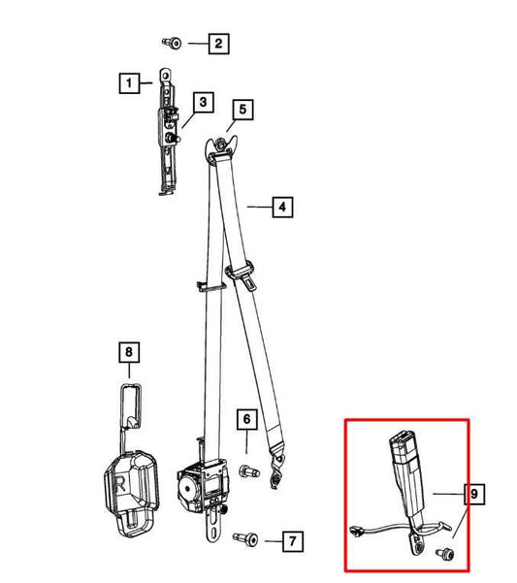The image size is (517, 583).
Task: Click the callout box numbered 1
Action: coord(129,82)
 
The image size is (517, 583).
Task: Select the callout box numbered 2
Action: coord(218,44)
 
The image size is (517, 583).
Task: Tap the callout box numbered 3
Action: coord(203,102)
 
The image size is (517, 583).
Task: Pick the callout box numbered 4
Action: coord(282,207)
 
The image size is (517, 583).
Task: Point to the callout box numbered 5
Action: coord(242,110)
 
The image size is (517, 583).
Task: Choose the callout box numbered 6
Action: coord(247,419)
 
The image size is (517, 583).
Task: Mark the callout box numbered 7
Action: coord(293,541)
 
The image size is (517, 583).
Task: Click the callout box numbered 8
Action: coord(129,352)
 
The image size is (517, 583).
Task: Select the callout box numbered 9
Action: coord(474,494)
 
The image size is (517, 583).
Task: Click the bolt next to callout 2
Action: coord(172,43)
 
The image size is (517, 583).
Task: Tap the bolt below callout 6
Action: coord(248,471)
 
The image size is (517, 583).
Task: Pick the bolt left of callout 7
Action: coord(245,538)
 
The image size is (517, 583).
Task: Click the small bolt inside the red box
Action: coord(445,554)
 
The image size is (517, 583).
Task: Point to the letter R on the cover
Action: coord(121,485)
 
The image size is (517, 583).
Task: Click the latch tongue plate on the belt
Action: coord(242,276)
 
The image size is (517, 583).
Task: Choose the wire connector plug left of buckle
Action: coord(357,531)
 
